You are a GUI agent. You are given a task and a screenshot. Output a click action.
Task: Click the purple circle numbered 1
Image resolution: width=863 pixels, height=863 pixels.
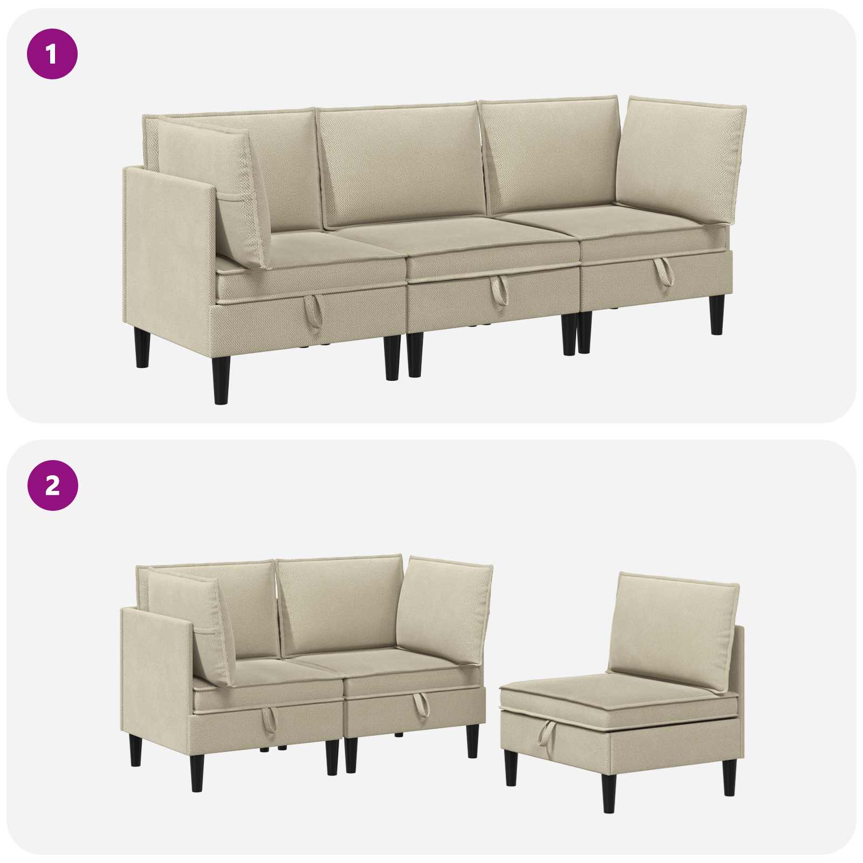[x=52, y=54]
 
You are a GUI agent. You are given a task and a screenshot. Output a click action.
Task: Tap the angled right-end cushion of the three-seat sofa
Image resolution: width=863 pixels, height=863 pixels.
[x=680, y=159]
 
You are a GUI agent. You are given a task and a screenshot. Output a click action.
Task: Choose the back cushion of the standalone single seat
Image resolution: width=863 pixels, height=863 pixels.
[x=673, y=631]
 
